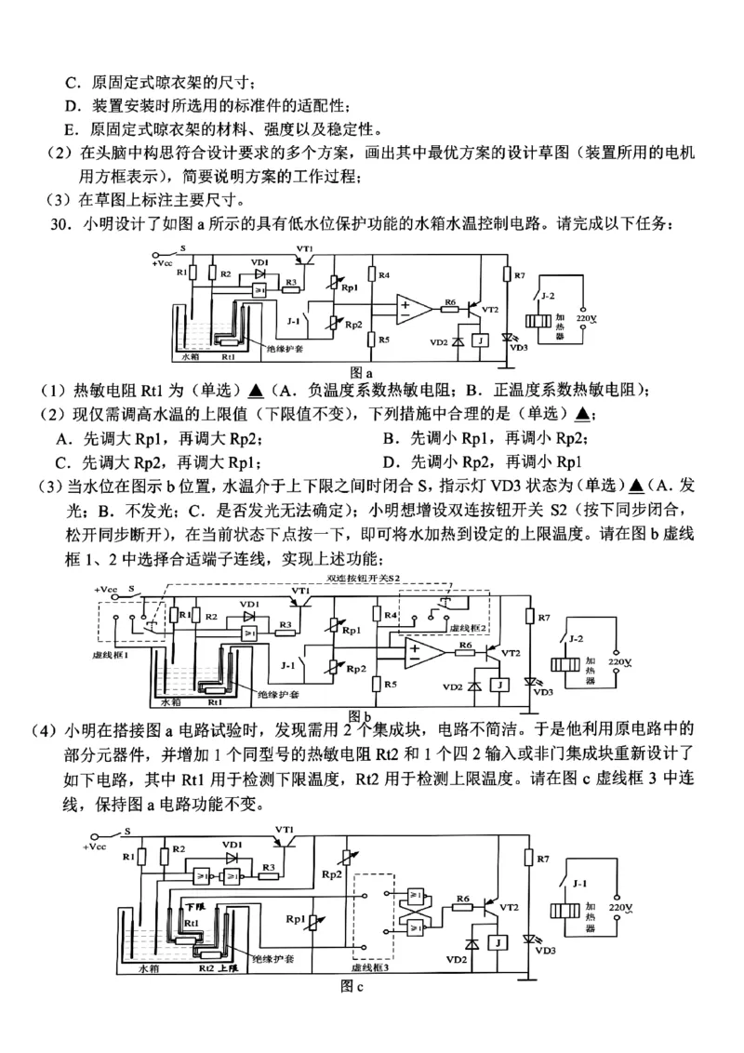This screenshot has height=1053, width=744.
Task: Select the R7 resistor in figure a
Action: tap(508, 276)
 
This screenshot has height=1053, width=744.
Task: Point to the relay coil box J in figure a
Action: tap(479, 340)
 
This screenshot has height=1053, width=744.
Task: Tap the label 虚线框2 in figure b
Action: tap(462, 628)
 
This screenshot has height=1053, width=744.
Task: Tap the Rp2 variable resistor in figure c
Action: tap(349, 856)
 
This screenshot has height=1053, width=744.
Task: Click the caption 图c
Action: tap(352, 987)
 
